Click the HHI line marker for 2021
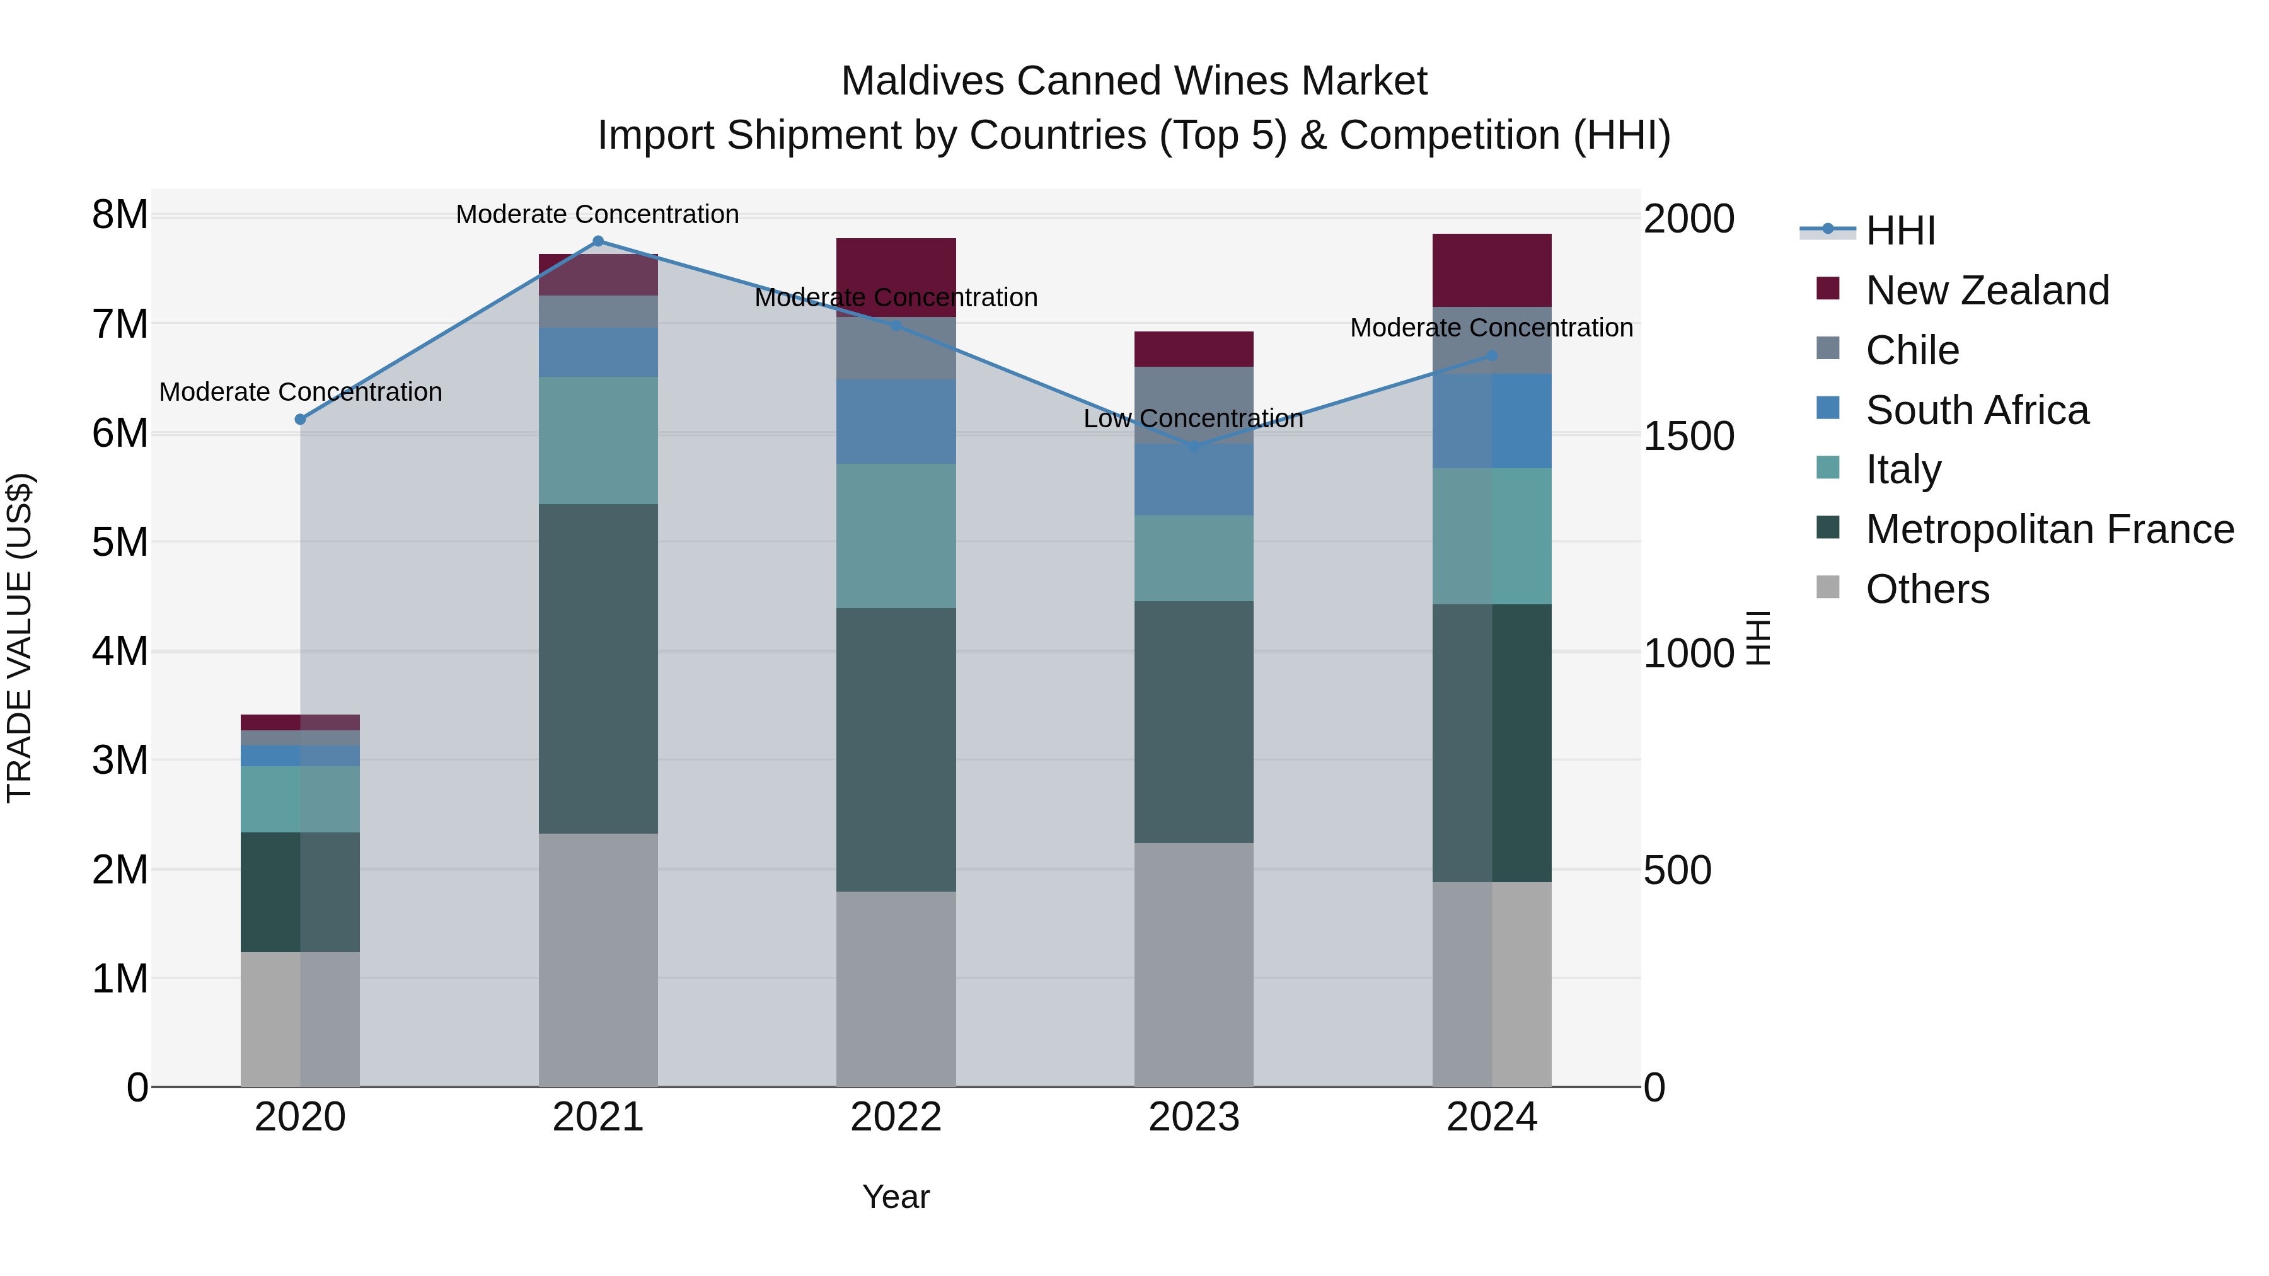coord(598,241)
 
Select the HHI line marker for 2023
coord(1194,447)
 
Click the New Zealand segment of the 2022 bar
coord(896,264)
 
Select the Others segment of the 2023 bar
coord(1194,964)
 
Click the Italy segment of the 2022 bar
coord(896,536)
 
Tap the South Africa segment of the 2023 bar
coord(1194,480)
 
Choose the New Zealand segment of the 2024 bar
coord(1491,270)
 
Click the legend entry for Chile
coord(1912,350)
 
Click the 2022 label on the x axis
coord(896,1117)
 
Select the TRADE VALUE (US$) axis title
coord(20,638)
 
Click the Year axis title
coord(896,1197)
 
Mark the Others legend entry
coord(1926,589)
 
